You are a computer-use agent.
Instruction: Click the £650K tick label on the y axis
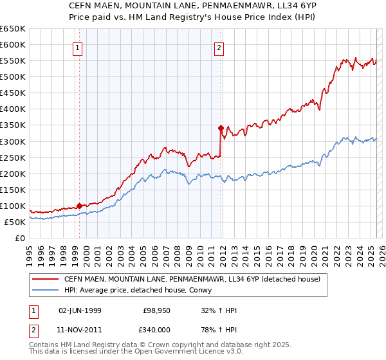coord(13,29)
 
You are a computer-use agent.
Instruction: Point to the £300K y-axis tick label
coord(13,141)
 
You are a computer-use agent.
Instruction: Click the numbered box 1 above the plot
coord(77,46)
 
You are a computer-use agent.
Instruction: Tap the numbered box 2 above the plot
coord(219,46)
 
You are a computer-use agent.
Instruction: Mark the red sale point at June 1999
coord(79,206)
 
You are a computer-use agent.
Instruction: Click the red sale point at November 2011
coord(221,128)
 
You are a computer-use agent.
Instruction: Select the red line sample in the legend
coord(44,278)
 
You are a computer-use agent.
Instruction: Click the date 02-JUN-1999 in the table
coord(80,310)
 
